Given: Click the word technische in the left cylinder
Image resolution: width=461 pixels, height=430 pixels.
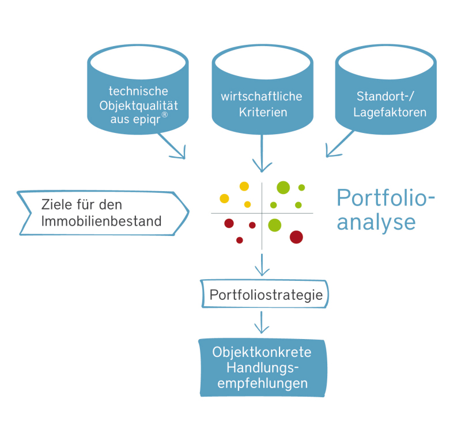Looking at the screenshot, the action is [x=138, y=91].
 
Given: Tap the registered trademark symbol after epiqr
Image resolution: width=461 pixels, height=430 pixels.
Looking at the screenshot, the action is [x=165, y=115].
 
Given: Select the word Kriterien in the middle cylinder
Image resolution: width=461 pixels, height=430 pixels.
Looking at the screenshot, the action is [x=263, y=112].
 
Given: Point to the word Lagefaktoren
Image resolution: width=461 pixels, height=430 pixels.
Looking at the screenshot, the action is [x=390, y=112].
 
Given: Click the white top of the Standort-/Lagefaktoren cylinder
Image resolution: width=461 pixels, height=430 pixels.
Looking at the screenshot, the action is [x=386, y=62].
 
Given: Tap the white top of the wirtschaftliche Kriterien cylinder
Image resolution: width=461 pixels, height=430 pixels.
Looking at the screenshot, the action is [x=263, y=62].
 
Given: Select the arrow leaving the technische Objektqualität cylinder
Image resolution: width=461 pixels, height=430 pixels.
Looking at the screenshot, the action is [x=172, y=146].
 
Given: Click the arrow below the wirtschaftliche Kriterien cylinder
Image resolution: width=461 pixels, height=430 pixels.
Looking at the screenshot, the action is [x=262, y=153].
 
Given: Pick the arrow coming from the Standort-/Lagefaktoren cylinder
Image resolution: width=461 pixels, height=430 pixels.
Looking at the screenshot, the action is [x=339, y=144].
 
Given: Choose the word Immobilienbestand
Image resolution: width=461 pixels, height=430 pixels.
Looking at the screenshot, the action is [x=101, y=221].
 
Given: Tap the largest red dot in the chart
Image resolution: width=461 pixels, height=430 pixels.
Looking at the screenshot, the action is [x=296, y=237].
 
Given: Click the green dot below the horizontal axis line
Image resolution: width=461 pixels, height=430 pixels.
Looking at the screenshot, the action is [x=275, y=225].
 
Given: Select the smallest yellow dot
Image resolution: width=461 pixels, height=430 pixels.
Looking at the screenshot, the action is [x=248, y=204].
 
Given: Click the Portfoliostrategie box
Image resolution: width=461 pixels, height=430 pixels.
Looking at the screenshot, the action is [x=264, y=294].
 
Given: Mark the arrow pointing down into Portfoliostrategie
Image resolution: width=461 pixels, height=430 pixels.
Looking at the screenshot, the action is [x=262, y=265].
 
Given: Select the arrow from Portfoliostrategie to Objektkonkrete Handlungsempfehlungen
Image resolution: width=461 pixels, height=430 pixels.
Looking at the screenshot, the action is [x=262, y=322].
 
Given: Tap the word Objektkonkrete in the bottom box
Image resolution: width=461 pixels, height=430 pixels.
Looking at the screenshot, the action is [x=262, y=352].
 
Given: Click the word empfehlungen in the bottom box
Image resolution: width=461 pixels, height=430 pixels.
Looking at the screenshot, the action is [x=262, y=383].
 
